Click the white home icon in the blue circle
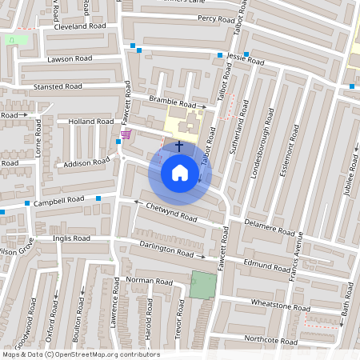pos(179,172)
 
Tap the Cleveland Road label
pos(80,26)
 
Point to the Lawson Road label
pos(70,58)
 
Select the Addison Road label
pos(87,162)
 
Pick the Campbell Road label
pos(58,200)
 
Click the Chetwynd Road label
pos(170,212)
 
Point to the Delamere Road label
pos(270,227)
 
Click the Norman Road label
pos(150,282)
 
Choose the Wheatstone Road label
pos(281,307)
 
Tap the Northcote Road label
pos(271,341)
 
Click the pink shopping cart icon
pos(125,134)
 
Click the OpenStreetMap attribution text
pos(80,354)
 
